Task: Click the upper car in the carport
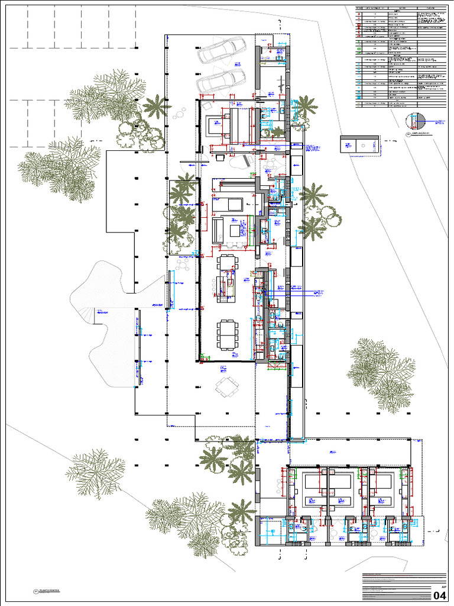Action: pyautogui.click(x=221, y=50)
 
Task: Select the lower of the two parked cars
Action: pyautogui.click(x=221, y=80)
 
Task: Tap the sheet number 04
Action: pyautogui.click(x=440, y=595)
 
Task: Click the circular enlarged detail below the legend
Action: pyautogui.click(x=416, y=121)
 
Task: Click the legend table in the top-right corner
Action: pyautogui.click(x=402, y=57)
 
